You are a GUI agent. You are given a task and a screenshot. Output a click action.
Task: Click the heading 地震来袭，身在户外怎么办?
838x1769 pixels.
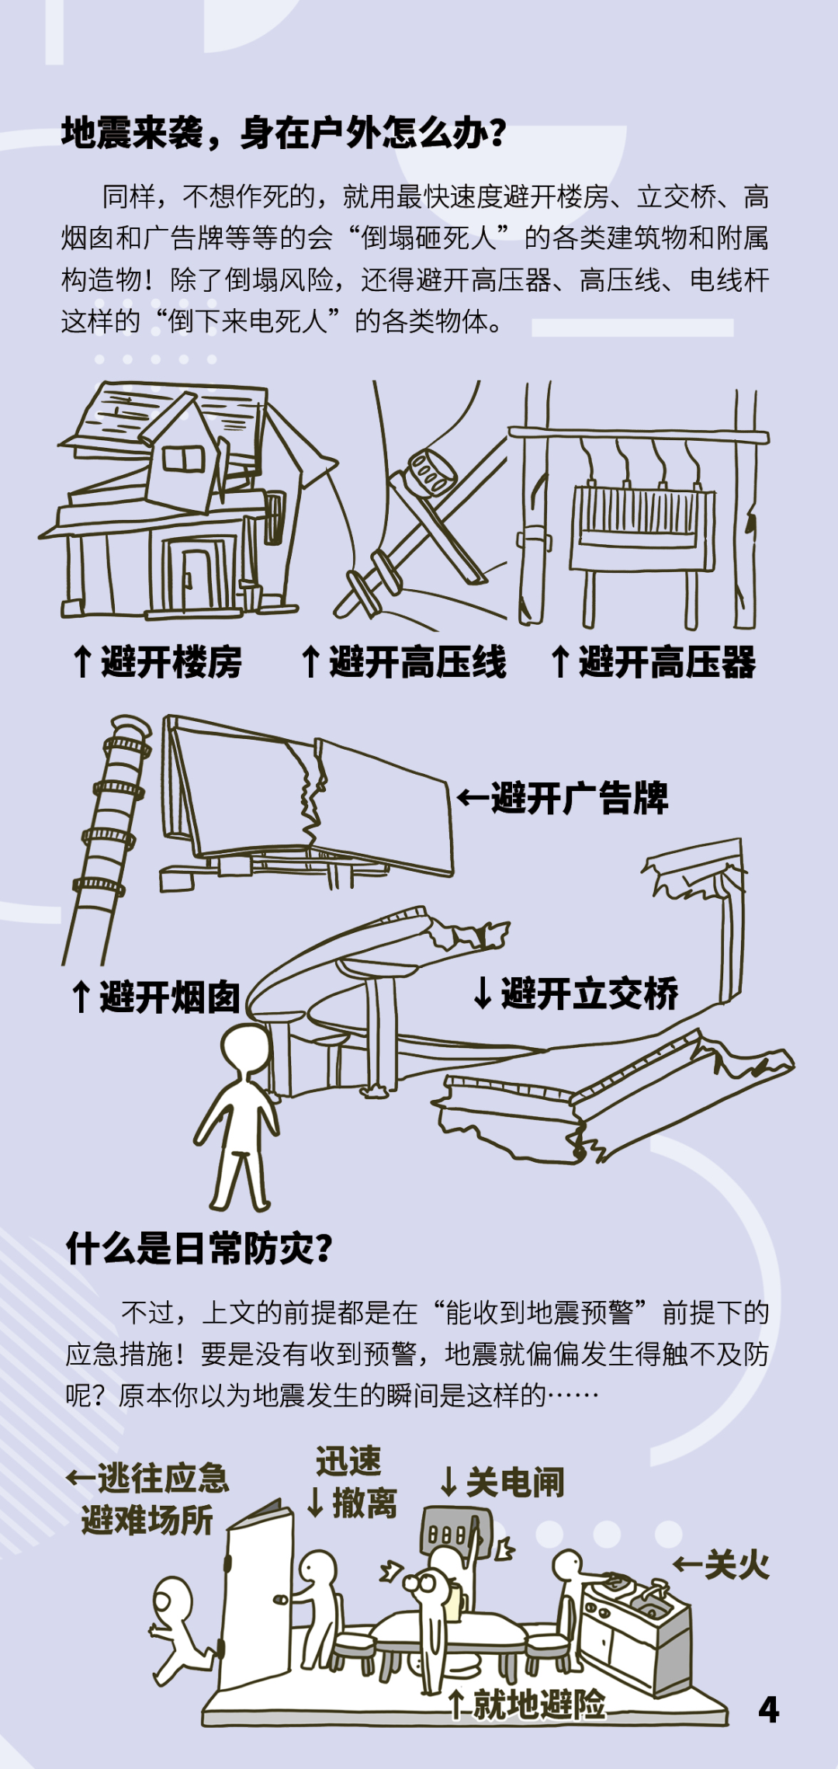tap(284, 133)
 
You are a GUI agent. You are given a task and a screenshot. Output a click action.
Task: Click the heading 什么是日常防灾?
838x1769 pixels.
tap(199, 1249)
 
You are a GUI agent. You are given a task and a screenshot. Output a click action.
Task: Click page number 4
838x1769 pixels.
tap(768, 1709)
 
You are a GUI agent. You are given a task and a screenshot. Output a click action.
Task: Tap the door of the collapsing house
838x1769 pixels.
tap(199, 579)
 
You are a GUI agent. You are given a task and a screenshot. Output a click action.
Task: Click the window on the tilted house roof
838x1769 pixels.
tap(183, 460)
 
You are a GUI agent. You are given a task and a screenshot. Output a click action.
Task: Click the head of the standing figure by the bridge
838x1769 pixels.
tap(245, 1047)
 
